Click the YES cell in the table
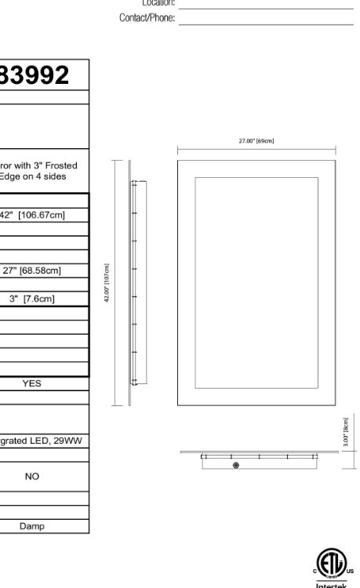(32, 383)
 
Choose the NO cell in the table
(32, 476)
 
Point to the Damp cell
(32, 526)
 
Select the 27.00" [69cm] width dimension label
(256, 141)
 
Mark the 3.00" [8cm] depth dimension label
(346, 432)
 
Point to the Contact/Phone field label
(147, 17)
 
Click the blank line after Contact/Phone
(266, 24)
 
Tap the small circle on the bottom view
(236, 466)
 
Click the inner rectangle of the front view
(256, 282)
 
